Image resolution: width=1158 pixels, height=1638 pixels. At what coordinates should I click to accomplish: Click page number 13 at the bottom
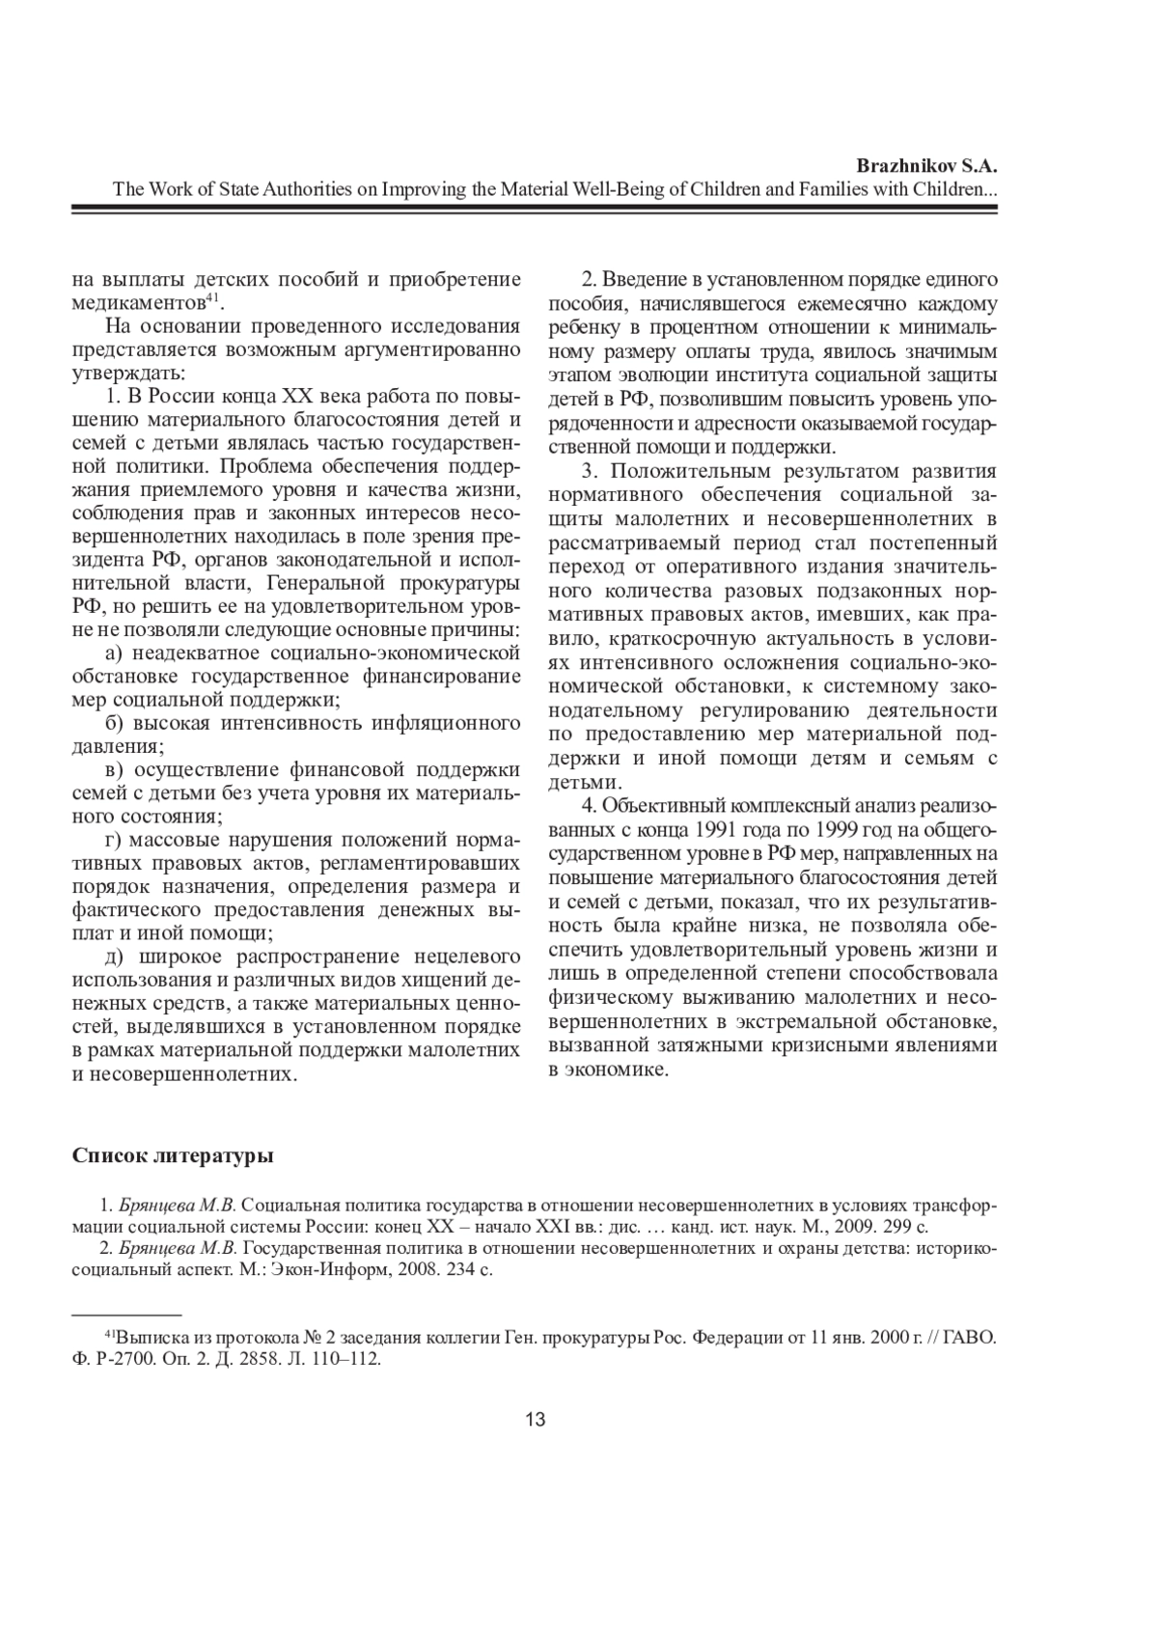click(536, 1419)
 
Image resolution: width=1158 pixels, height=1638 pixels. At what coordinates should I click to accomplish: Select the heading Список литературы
click(173, 1155)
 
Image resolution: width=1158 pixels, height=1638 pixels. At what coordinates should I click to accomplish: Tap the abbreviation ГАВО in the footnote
click(970, 1339)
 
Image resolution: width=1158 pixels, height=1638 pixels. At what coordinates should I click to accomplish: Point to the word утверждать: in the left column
click(130, 372)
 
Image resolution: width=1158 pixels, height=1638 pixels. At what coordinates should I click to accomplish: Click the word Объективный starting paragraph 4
click(652, 806)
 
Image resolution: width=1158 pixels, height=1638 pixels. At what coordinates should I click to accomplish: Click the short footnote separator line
click(127, 1315)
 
